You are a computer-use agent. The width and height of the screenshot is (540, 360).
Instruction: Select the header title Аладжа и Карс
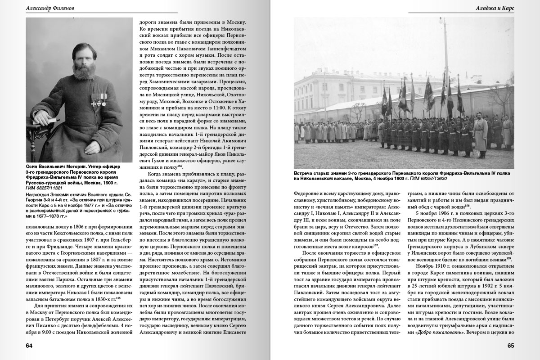[495, 8]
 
